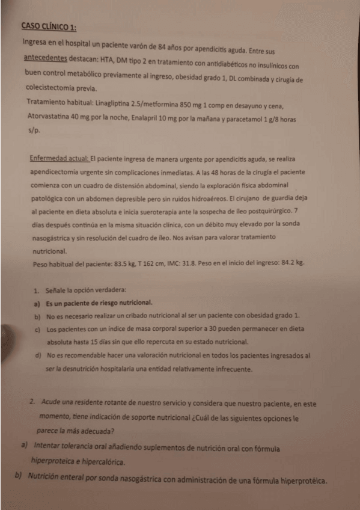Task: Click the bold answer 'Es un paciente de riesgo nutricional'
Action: [99, 303]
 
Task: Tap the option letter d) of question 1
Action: [37, 356]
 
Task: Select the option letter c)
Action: [37, 330]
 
